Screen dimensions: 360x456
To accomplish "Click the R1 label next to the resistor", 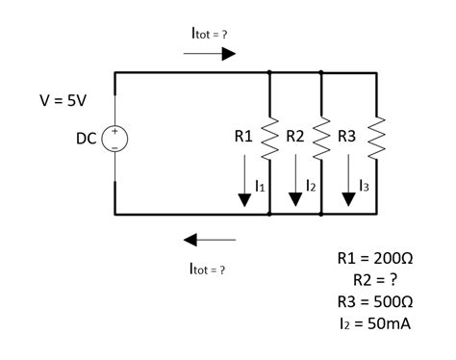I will point(244,138).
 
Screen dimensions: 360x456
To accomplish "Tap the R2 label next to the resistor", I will point(294,138).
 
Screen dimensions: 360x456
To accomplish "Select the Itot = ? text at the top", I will point(209,34).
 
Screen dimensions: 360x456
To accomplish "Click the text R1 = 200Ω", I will point(375,259).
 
